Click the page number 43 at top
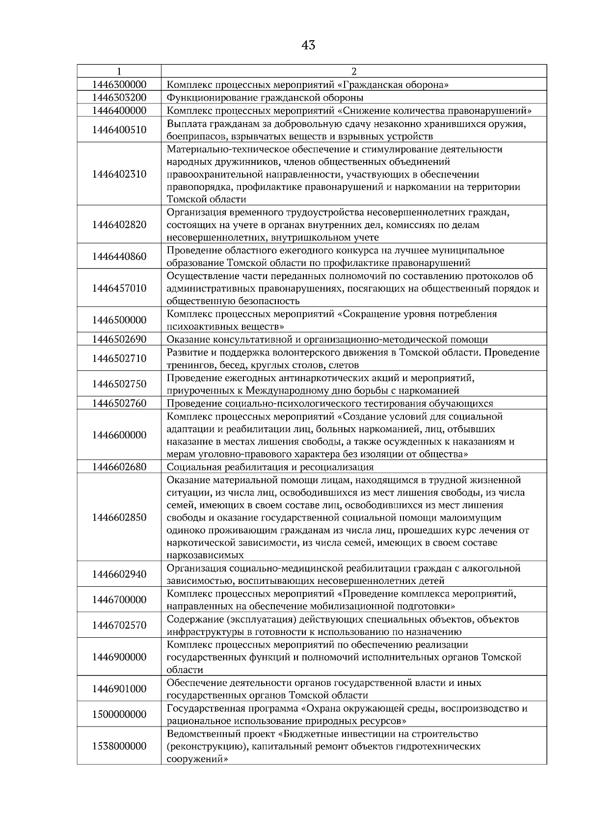[308, 46]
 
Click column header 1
[119, 71]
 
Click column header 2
[354, 71]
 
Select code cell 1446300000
[119, 84]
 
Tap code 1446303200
[119, 97]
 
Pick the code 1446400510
[119, 130]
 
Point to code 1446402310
[119, 174]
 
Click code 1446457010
[119, 288]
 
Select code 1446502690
[119, 339]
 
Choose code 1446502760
[119, 403]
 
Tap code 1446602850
[119, 518]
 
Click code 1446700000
[119, 599]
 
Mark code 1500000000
[119, 714]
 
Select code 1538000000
[119, 746]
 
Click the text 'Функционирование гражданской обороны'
[265, 97]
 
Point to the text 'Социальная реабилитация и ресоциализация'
[270, 467]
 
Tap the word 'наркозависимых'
[205, 556]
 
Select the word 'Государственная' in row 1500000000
[203, 708]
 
